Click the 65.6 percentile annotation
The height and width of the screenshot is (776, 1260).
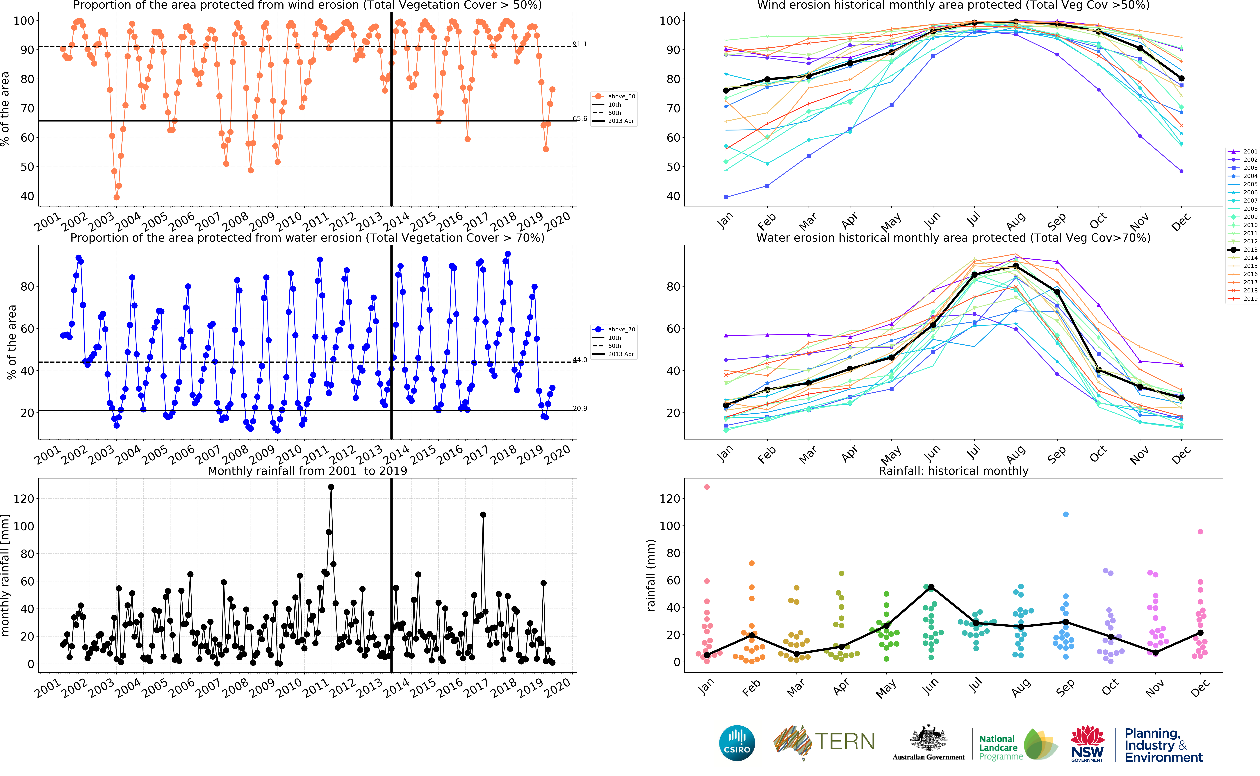tap(580, 119)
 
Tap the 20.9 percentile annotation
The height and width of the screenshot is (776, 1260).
tap(580, 409)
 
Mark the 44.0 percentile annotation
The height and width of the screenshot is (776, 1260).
tap(580, 360)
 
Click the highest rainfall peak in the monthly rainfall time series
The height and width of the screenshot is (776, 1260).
tap(331, 487)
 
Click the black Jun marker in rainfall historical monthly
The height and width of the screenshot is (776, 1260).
tap(931, 587)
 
